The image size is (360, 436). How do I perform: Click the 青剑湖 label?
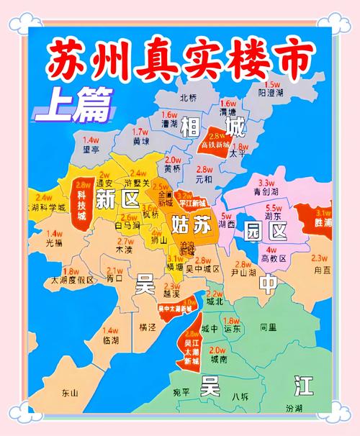point(267,192)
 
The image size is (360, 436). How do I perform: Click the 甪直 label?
point(323,269)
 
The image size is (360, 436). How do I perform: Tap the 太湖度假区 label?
point(71,280)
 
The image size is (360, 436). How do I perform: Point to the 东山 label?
point(70,393)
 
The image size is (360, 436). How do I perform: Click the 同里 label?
point(268,327)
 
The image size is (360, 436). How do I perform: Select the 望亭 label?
point(91,150)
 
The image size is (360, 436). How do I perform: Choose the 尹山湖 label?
point(244,273)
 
